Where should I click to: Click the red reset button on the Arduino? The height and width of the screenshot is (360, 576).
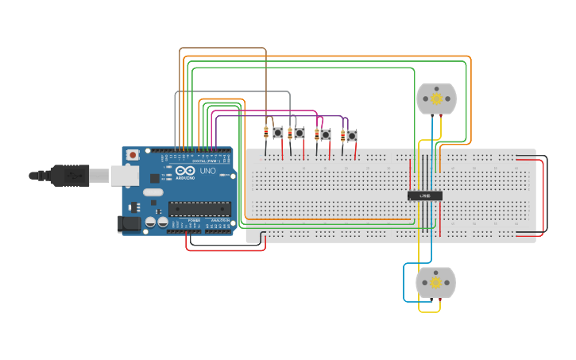tap(132, 154)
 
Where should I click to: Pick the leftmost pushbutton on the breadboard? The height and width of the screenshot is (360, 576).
tap(278, 133)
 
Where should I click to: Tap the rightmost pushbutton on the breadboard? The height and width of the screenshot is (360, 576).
tap(351, 136)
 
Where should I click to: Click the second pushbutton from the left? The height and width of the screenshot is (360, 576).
tap(299, 134)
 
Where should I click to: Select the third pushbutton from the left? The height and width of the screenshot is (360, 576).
tap(325, 135)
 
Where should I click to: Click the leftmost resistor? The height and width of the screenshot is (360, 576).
tap(265, 133)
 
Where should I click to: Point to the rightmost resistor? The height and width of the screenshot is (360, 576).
tap(342, 136)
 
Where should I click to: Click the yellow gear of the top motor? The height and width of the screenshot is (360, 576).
tap(436, 99)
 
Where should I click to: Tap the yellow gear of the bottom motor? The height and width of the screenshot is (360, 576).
tap(435, 282)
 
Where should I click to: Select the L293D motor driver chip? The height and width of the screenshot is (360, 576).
tap(424, 195)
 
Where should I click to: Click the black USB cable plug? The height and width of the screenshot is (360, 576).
tap(72, 175)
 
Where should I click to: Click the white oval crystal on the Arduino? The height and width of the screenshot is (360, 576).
tap(153, 192)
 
